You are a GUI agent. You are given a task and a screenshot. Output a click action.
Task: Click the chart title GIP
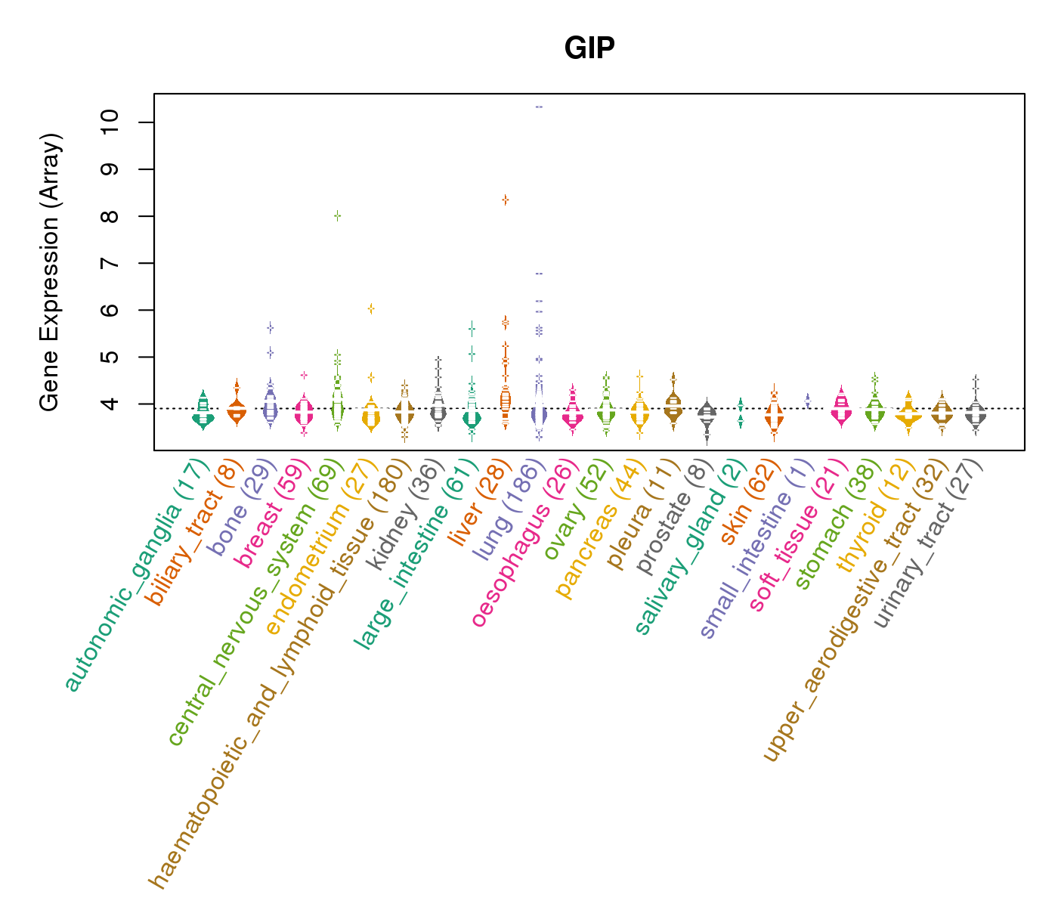[589, 48]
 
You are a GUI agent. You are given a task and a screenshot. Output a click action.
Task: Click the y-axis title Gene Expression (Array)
[50, 272]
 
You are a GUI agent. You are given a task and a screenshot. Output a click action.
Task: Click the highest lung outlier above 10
[539, 107]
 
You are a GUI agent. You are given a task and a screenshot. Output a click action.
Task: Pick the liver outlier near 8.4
[506, 200]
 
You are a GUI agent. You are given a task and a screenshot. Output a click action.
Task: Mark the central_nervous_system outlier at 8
[338, 215]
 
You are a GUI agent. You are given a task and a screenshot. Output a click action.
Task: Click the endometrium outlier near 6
[371, 308]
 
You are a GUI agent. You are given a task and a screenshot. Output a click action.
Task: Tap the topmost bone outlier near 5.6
[270, 327]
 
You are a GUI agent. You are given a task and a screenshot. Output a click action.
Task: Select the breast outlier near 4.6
[304, 375]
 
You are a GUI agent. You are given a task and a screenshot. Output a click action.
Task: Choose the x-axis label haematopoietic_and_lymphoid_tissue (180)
[279, 673]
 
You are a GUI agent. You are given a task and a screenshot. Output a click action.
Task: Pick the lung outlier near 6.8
[539, 273]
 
